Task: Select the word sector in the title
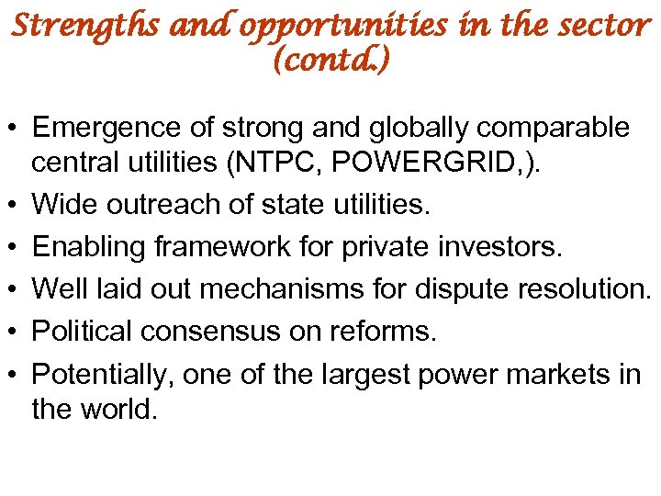pyautogui.click(x=603, y=25)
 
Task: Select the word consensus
pyautogui.click(x=225, y=332)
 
